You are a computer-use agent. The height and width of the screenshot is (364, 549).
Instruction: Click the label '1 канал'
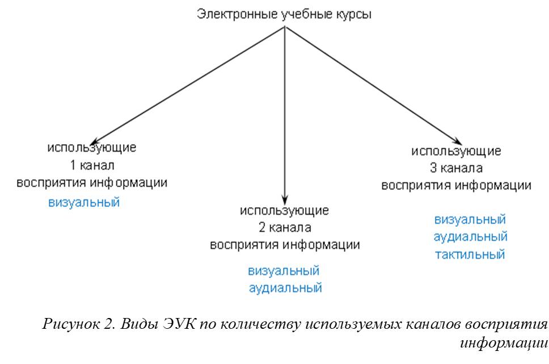click(92, 165)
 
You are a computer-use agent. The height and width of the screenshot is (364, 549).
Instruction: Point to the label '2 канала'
click(285, 228)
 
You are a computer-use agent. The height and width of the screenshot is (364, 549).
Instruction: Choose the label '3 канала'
click(456, 168)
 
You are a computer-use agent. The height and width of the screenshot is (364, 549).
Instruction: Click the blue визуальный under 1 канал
click(84, 203)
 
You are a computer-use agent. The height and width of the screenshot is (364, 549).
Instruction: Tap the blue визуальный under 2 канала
click(284, 271)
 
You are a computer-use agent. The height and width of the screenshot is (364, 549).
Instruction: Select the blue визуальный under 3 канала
click(470, 220)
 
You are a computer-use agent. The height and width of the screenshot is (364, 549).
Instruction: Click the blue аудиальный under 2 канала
click(285, 288)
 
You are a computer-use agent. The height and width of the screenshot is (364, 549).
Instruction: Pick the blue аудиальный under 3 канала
click(471, 237)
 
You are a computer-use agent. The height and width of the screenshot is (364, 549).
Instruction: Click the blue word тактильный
click(470, 254)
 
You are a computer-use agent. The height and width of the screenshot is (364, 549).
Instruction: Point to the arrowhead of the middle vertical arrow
click(285, 200)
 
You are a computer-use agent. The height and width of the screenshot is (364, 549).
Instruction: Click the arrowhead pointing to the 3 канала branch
click(457, 141)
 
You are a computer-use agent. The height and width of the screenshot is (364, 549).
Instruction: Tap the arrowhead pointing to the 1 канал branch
click(95, 141)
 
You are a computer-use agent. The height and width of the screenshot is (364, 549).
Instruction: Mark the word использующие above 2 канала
click(284, 211)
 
